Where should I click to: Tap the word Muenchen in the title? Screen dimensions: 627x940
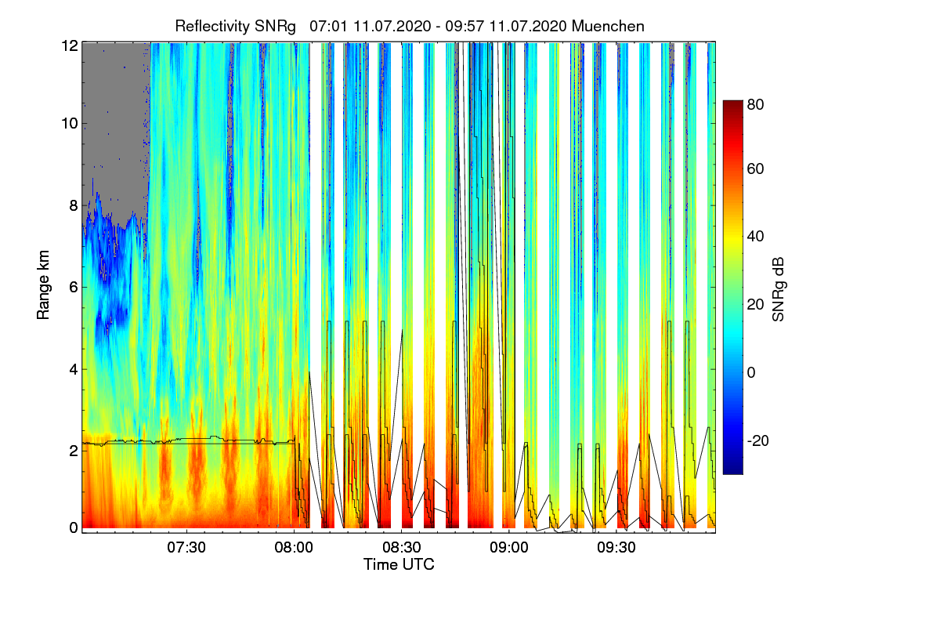[x=608, y=26]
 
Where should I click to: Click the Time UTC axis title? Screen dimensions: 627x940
[x=399, y=564]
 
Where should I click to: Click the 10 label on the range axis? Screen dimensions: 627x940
[x=70, y=124]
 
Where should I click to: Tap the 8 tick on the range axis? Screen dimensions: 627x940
[x=73, y=205]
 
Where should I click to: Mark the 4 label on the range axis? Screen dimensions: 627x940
[x=73, y=368]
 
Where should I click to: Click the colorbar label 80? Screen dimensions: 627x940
[x=756, y=103]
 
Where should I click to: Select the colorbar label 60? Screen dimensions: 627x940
[x=756, y=169]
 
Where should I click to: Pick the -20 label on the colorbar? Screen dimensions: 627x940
[x=757, y=441]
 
